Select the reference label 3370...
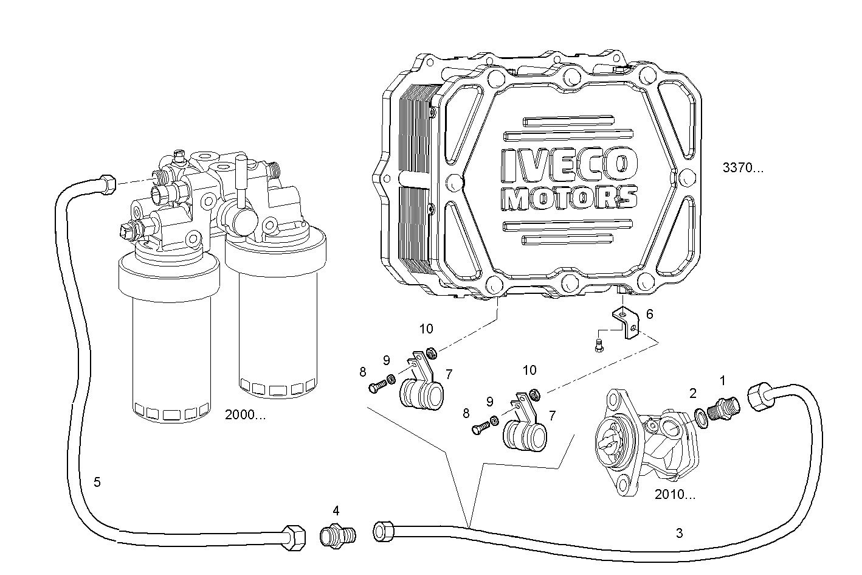click(x=742, y=169)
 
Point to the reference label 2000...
click(x=245, y=416)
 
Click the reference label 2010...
click(x=675, y=495)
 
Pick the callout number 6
click(x=650, y=314)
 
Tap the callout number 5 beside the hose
click(x=97, y=483)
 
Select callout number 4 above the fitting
click(x=336, y=510)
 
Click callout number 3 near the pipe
click(x=679, y=534)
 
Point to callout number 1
click(x=723, y=381)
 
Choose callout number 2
click(x=692, y=392)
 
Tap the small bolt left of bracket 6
click(x=598, y=346)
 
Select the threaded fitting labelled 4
click(x=337, y=535)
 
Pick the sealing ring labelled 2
click(x=701, y=418)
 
